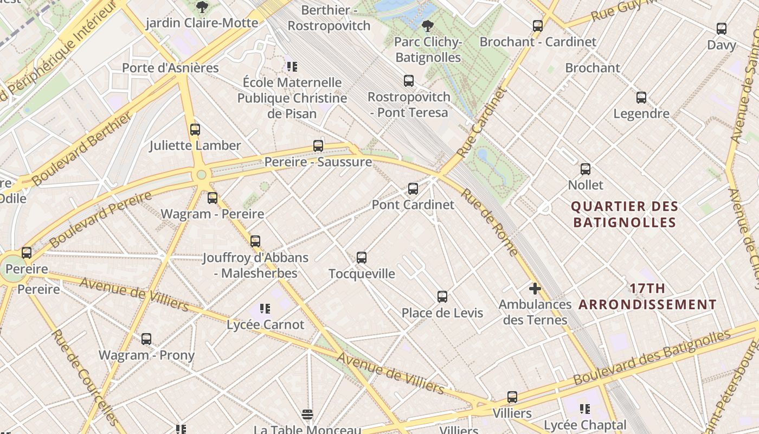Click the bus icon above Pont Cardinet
[x=413, y=189]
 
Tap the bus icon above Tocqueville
[x=362, y=258]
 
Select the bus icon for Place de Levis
[x=442, y=297]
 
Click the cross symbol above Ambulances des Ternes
[x=535, y=289]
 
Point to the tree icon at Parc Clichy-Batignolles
[x=428, y=25]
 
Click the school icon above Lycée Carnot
[x=265, y=309]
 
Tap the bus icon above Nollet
[x=586, y=169]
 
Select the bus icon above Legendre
[x=641, y=98]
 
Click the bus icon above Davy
[x=722, y=29]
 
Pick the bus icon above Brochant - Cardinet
[x=538, y=25]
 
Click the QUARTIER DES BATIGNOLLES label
[x=625, y=214]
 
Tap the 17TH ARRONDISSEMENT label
[x=648, y=297]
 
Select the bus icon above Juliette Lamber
[x=195, y=130]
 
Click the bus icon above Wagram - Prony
[x=146, y=339]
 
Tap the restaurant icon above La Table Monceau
[x=307, y=415]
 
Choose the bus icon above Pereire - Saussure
[x=318, y=146]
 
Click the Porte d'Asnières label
[x=170, y=68]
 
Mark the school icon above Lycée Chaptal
[x=585, y=409]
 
